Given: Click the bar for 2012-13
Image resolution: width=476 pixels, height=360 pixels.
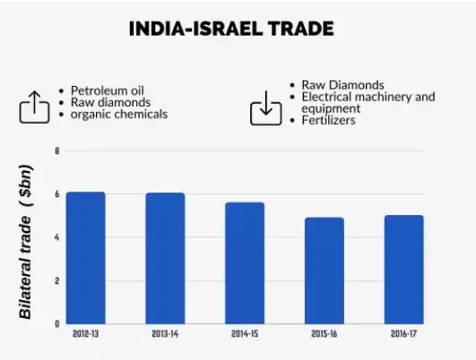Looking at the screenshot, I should [x=86, y=258].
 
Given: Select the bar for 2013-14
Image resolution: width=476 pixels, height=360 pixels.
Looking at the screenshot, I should [x=166, y=258].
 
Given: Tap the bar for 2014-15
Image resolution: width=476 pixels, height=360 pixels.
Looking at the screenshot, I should [x=245, y=262].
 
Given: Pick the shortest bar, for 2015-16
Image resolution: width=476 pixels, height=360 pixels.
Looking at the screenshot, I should [x=324, y=270].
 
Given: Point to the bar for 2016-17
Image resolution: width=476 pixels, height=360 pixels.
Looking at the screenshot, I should [x=403, y=269].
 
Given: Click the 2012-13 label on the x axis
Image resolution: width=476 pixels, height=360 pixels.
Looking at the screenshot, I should [x=86, y=334].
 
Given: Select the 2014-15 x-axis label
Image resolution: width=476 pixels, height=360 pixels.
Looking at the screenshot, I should [x=245, y=334].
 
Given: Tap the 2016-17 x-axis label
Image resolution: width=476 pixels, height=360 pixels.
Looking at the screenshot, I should [x=403, y=334].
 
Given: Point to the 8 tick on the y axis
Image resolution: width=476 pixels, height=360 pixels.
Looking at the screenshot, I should [x=56, y=150].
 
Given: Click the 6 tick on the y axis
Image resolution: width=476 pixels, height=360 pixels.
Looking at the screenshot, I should [x=56, y=194].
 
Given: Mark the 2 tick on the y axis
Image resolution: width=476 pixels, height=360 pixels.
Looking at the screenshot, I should [x=56, y=280].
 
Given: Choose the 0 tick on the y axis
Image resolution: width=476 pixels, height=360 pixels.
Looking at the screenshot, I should [x=56, y=323].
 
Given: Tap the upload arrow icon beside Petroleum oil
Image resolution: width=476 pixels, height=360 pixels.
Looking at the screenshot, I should [x=34, y=107].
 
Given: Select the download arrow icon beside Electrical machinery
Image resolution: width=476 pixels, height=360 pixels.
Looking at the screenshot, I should [x=264, y=108].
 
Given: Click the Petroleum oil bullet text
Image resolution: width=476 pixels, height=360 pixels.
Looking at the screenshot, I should [x=108, y=90].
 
